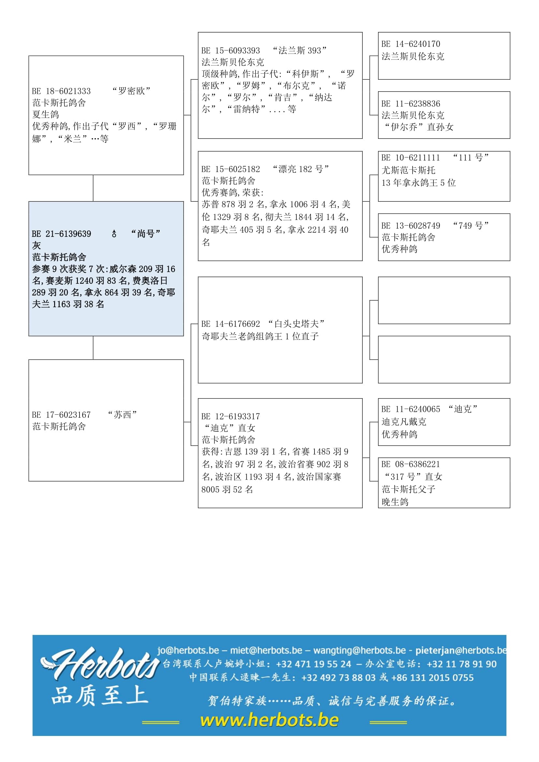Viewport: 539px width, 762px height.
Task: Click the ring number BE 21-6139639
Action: tap(61, 234)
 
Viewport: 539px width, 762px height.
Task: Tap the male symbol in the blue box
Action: tap(114, 234)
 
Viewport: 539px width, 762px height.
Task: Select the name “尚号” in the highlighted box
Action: tap(146, 234)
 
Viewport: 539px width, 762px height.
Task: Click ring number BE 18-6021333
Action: tap(61, 91)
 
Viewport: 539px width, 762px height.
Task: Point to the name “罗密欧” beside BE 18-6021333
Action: tap(131, 91)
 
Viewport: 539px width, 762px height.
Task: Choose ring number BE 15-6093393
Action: tap(231, 50)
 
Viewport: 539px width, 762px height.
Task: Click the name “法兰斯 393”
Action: tap(299, 50)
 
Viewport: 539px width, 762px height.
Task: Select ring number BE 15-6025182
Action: tap(231, 169)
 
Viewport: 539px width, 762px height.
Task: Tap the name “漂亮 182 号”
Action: tap(300, 169)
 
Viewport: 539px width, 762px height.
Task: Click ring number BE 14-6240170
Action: tap(411, 44)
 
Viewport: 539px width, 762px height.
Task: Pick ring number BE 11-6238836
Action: tap(411, 104)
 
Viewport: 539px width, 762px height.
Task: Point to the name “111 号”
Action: tap(471, 157)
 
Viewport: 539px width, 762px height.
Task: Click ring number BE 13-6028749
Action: tap(411, 226)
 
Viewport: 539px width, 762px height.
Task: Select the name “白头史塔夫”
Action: tap(296, 323)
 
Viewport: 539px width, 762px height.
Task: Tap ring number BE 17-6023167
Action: tap(61, 415)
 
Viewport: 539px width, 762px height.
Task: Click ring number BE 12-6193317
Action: tap(231, 417)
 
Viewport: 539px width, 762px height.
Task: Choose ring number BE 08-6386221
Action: tap(411, 464)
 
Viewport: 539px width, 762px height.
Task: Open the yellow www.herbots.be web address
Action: tap(269, 720)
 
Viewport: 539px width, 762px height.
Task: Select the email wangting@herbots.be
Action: tap(359, 650)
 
